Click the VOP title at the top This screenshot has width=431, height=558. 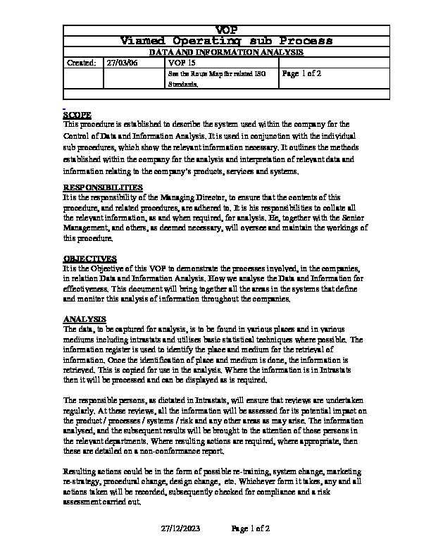click(226, 29)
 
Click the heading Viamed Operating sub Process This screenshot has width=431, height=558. click(226, 41)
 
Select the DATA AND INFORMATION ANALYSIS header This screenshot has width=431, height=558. click(226, 52)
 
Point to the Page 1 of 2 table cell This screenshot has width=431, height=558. click(301, 73)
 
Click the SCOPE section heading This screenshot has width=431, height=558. click(77, 115)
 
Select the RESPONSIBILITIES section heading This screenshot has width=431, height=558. click(103, 187)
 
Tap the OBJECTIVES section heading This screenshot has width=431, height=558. click(90, 259)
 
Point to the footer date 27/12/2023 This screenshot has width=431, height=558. click(181, 528)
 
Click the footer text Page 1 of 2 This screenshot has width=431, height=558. click(251, 528)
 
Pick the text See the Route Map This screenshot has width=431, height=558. click(192, 73)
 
